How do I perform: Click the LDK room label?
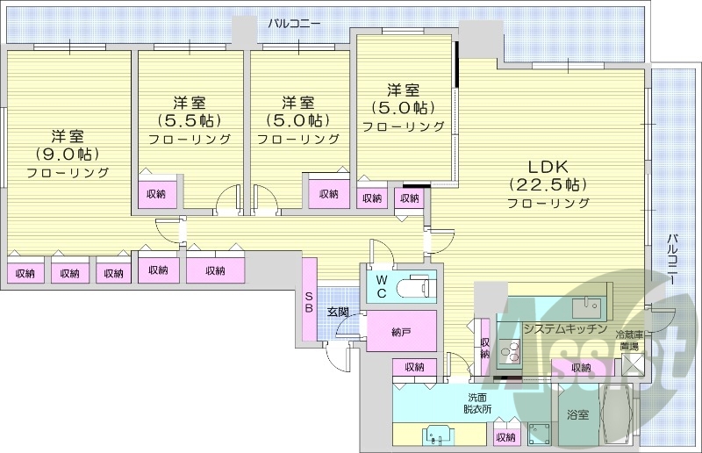click(x=548, y=166)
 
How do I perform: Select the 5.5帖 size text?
click(x=189, y=120)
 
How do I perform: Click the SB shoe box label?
click(x=309, y=302)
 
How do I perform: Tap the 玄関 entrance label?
click(x=339, y=312)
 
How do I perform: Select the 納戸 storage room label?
click(x=401, y=331)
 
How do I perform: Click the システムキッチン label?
click(x=565, y=328)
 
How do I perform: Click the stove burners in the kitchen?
click(x=511, y=354)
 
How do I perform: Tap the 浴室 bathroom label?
click(x=577, y=413)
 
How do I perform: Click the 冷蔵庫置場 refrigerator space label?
click(x=630, y=341)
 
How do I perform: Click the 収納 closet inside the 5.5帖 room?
click(x=157, y=194)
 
